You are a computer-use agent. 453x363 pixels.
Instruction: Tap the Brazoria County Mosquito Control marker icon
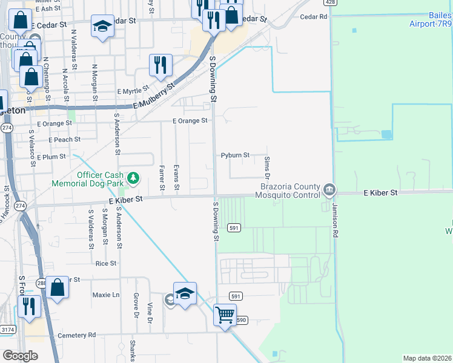pyautogui.click(x=329, y=190)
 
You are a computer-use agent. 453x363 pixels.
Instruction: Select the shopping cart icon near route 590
pyautogui.click(x=225, y=315)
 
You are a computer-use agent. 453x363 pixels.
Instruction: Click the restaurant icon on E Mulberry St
pyautogui.click(x=160, y=65)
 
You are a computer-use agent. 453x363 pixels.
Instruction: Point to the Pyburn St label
pyautogui.click(x=235, y=155)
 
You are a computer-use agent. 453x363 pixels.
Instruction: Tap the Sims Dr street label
pyautogui.click(x=267, y=163)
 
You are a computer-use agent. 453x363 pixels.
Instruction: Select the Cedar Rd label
pyautogui.click(x=313, y=16)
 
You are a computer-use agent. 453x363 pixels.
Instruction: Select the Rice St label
pyautogui.click(x=106, y=264)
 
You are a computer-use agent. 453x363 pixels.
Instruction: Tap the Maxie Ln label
pyautogui.click(x=106, y=295)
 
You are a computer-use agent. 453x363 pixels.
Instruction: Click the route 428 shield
pyautogui.click(x=329, y=2)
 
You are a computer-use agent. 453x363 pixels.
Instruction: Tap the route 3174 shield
pyautogui.click(x=8, y=330)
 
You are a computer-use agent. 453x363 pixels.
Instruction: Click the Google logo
pyautogui.click(x=20, y=356)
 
